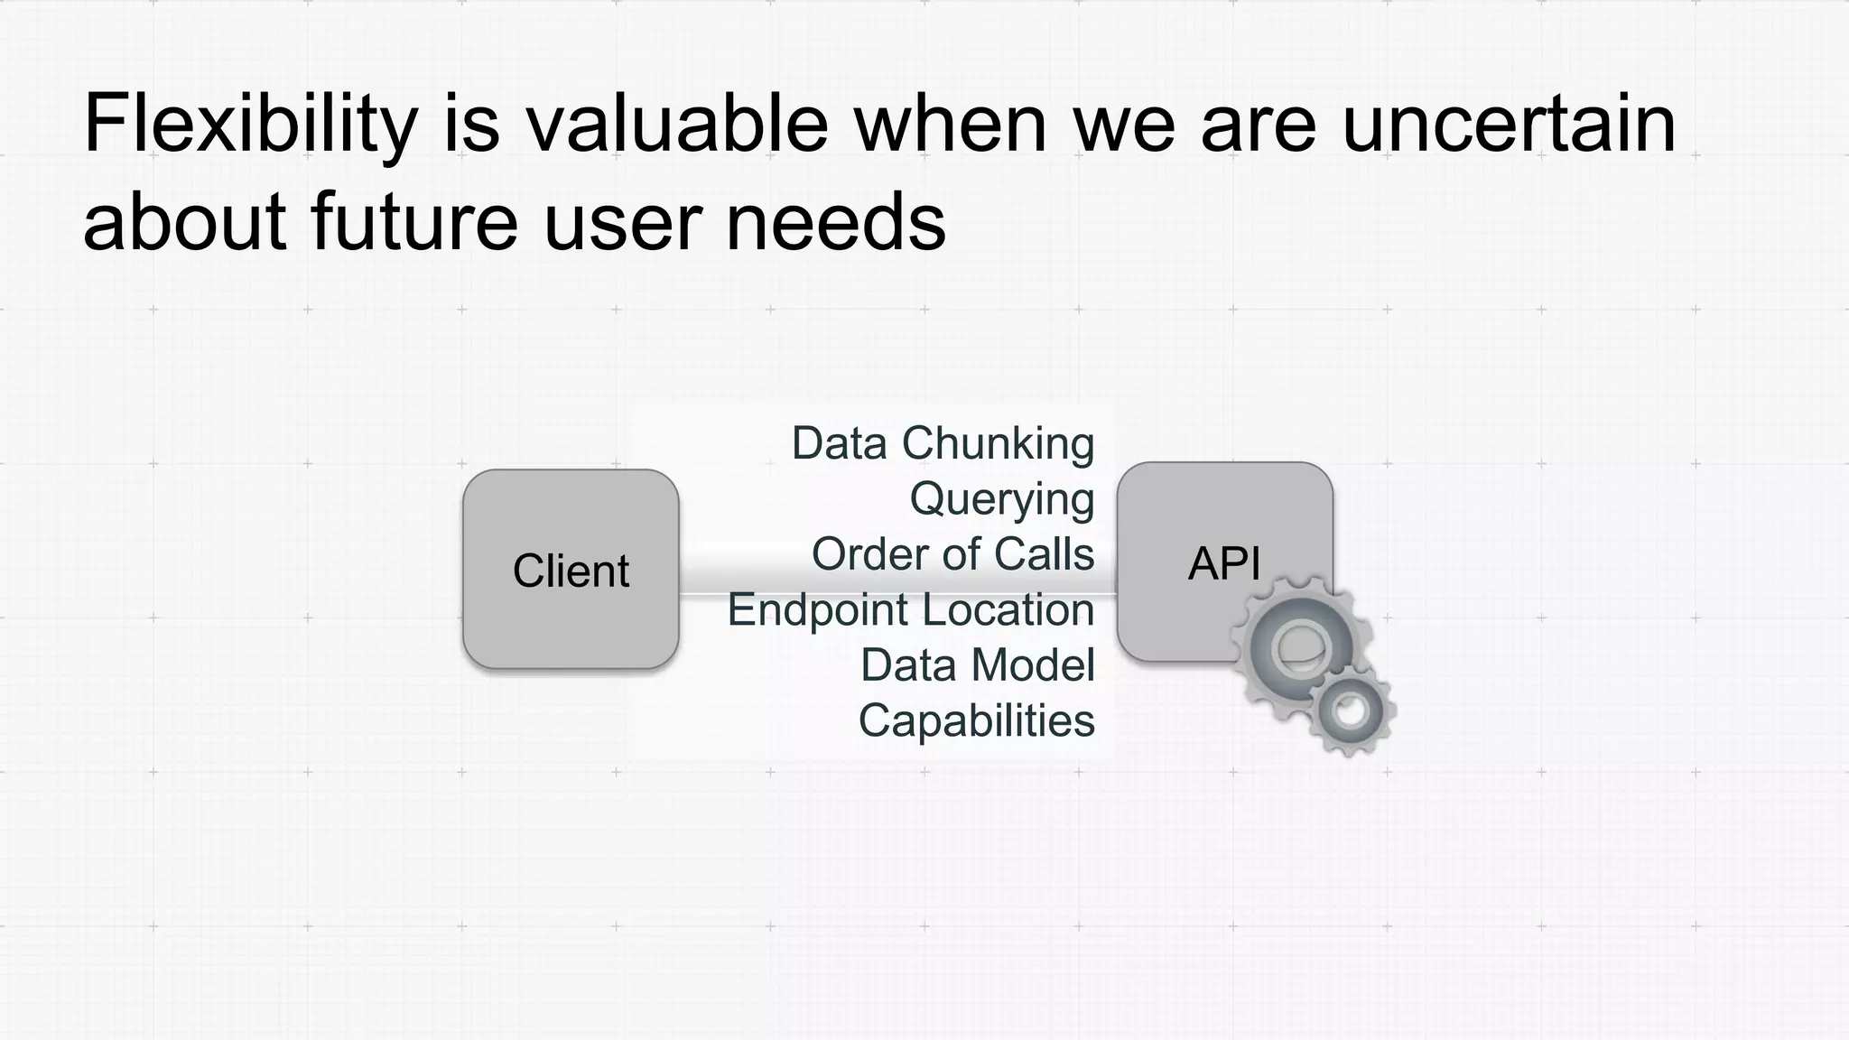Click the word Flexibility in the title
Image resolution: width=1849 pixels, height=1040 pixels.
pos(250,125)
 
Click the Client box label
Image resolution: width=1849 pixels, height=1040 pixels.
pos(571,571)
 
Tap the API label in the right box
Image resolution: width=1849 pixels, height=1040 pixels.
pos(1223,564)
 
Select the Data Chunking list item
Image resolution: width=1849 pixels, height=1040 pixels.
pos(943,443)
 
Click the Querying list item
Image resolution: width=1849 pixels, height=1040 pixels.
pos(1001,499)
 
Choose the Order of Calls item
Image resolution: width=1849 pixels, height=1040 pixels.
pos(952,553)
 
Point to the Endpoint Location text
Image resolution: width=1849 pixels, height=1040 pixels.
pos(910,609)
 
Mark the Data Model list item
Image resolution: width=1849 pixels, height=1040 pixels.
pos(977,665)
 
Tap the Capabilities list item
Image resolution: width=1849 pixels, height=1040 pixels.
pos(976,720)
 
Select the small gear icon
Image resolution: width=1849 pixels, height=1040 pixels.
pos(1351,710)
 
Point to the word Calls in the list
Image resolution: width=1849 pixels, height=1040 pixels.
pos(1045,553)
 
